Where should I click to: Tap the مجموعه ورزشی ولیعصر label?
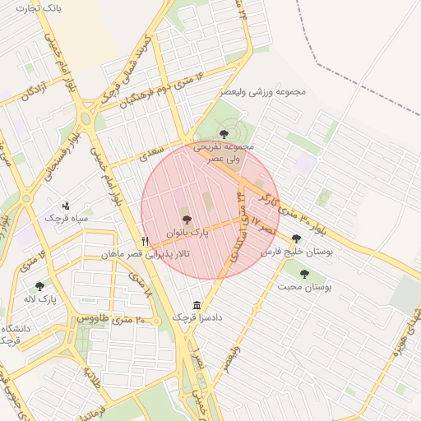click(x=262, y=92)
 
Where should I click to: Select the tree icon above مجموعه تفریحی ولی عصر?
click(x=224, y=129)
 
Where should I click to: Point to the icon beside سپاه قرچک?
click(x=67, y=205)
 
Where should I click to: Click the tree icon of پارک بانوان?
click(x=187, y=220)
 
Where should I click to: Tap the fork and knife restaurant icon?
click(x=146, y=241)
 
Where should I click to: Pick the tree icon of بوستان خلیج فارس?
click(x=296, y=238)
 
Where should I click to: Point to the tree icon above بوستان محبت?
click(x=304, y=274)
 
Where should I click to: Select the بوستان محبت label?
click(x=303, y=287)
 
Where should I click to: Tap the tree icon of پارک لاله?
click(x=39, y=286)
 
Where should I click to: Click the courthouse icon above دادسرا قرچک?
click(x=197, y=304)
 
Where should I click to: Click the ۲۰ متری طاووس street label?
click(x=111, y=317)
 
